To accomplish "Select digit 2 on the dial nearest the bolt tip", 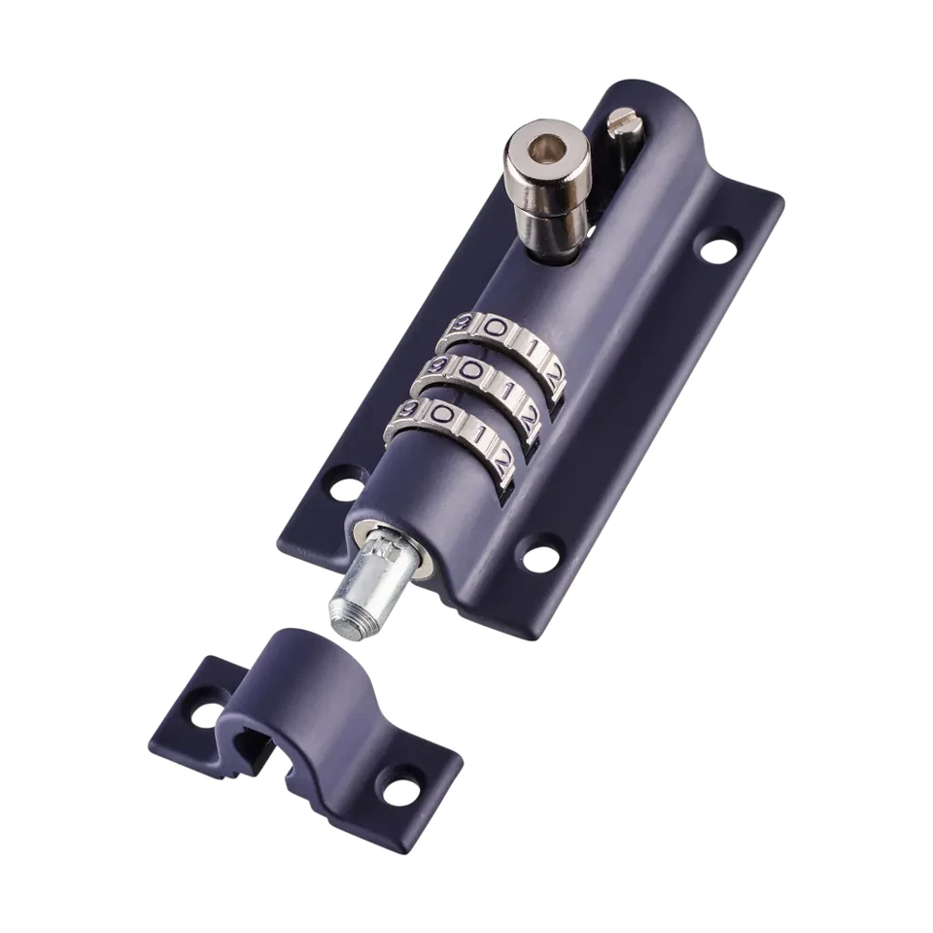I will pyautogui.click(x=501, y=466).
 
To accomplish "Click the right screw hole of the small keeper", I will pyautogui.click(x=401, y=786).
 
